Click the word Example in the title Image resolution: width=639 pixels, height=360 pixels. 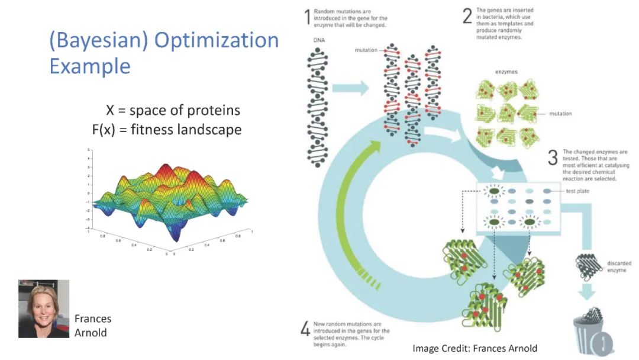(89, 66)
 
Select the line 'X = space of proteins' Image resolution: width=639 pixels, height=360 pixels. (173, 110)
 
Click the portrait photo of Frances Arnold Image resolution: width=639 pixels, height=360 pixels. (43, 308)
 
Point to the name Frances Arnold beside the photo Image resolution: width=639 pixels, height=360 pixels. (92, 325)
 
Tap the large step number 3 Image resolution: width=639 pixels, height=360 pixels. (553, 158)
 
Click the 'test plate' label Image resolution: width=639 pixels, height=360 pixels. (577, 191)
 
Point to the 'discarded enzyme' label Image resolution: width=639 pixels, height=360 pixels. (619, 267)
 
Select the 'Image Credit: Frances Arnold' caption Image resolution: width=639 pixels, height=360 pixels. (475, 348)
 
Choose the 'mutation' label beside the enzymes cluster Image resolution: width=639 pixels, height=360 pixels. (560, 114)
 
